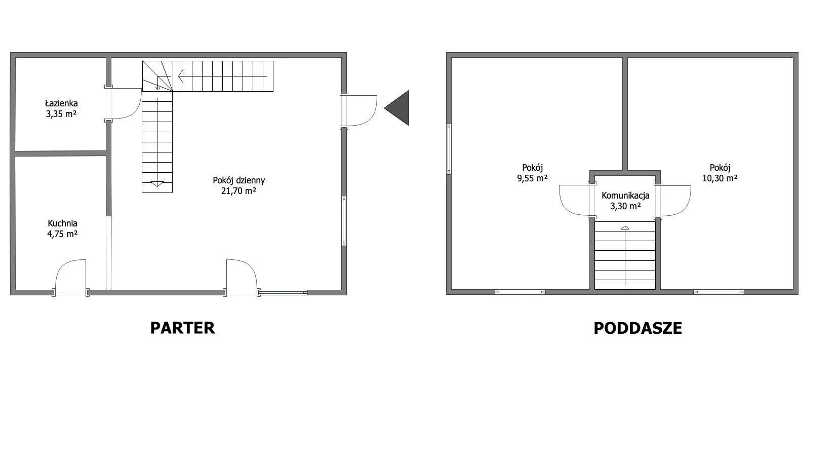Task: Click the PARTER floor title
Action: tap(183, 328)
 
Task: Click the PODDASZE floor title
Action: tap(637, 328)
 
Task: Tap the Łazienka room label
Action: tap(61, 103)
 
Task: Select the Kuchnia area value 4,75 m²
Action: tap(62, 235)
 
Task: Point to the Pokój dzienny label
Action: tap(238, 180)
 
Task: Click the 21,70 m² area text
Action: tap(238, 191)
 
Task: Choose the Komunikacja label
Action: tap(625, 196)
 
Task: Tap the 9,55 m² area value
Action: tap(532, 178)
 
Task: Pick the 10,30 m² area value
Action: tap(720, 178)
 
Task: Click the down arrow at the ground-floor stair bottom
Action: tap(157, 184)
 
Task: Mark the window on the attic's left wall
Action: tap(449, 149)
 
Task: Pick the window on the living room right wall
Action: tap(344, 220)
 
